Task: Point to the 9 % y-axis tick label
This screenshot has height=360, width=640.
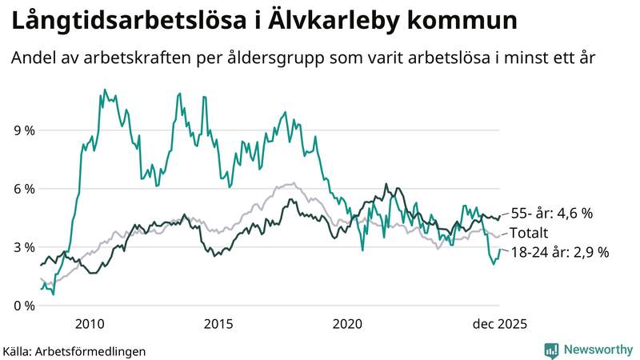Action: tap(24, 130)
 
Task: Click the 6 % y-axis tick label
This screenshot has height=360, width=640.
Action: tap(24, 189)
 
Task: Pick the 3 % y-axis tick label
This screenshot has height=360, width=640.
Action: tap(24, 247)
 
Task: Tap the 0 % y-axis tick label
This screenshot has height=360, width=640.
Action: tap(24, 306)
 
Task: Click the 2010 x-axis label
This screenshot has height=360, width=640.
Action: tap(90, 323)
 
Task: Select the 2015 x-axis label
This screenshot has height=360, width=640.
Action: tap(218, 323)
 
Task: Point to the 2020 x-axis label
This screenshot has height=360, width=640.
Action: tap(347, 323)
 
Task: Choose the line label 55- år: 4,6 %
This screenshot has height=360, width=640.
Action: tap(551, 214)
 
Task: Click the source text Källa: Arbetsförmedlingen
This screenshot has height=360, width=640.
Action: tap(74, 350)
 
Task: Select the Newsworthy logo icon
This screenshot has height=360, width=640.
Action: tap(551, 350)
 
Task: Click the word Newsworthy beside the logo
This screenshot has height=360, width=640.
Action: tap(598, 350)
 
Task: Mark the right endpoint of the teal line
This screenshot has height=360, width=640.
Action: tap(500, 250)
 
